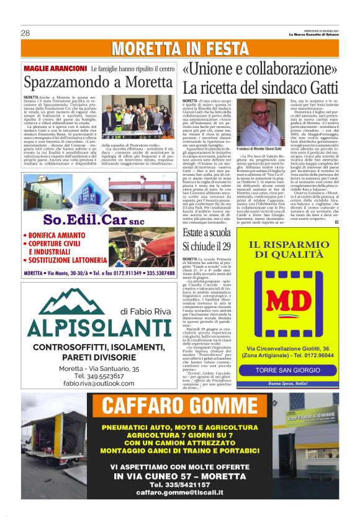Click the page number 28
pyautogui.click(x=25, y=33)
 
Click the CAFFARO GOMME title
pyautogui.click(x=180, y=406)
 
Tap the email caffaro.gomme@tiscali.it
pyautogui.click(x=180, y=490)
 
